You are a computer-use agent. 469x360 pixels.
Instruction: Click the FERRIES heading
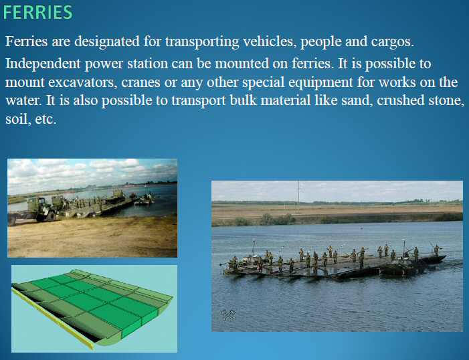point(38,12)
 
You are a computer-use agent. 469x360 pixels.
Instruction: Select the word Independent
point(43,64)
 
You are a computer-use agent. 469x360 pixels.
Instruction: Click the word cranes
point(140,82)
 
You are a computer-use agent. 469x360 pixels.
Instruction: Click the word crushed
point(401,100)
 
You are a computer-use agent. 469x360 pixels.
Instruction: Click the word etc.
point(45,120)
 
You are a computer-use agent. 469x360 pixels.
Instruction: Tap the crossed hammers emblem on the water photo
point(228,314)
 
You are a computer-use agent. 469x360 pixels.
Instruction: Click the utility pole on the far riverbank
point(298,196)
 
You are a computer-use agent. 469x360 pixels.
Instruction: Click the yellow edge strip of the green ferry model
point(53,319)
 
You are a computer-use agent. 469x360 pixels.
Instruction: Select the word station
point(147,64)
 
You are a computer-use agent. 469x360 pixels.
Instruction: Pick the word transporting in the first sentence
point(202,41)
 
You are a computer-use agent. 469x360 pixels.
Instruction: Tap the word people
point(320,42)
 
